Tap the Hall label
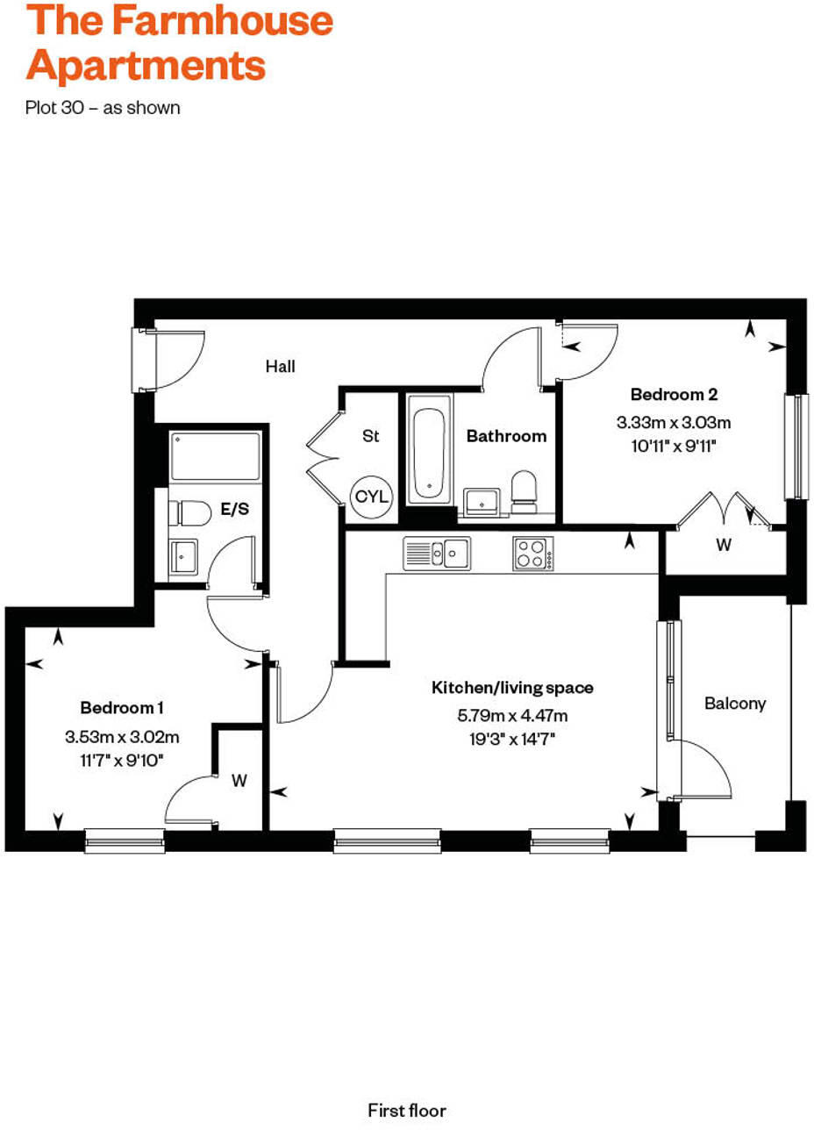coord(281,367)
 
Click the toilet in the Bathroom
coord(524,490)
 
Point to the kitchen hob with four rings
coord(532,554)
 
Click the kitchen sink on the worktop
coord(437,554)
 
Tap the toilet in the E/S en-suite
coord(189,513)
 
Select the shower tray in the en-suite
coord(215,455)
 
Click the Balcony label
coord(735,704)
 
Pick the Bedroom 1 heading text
coord(122,707)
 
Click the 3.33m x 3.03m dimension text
coord(674,423)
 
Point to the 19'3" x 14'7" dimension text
coord(512,739)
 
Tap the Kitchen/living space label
coord(512,688)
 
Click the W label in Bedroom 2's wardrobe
coord(724,545)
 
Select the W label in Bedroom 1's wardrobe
coord(239,778)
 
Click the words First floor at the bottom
coord(407,1110)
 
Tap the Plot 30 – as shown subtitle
coord(104,108)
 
